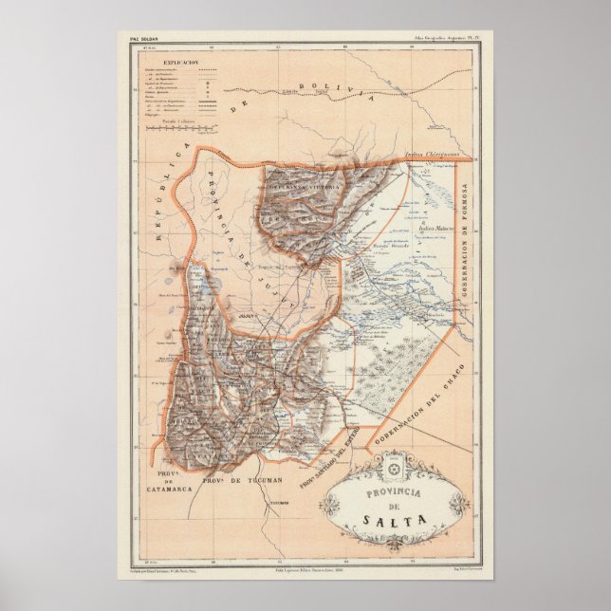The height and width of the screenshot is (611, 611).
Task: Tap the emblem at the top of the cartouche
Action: pyautogui.click(x=392, y=470)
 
